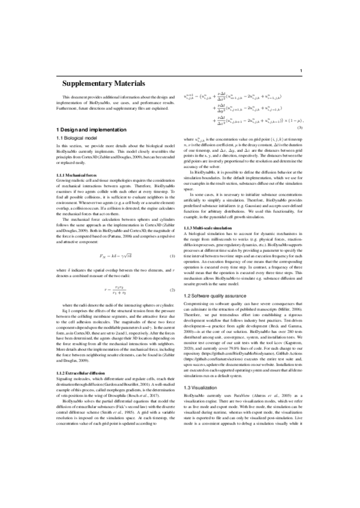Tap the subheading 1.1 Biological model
click(80, 138)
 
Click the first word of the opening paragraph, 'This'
click(68, 97)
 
